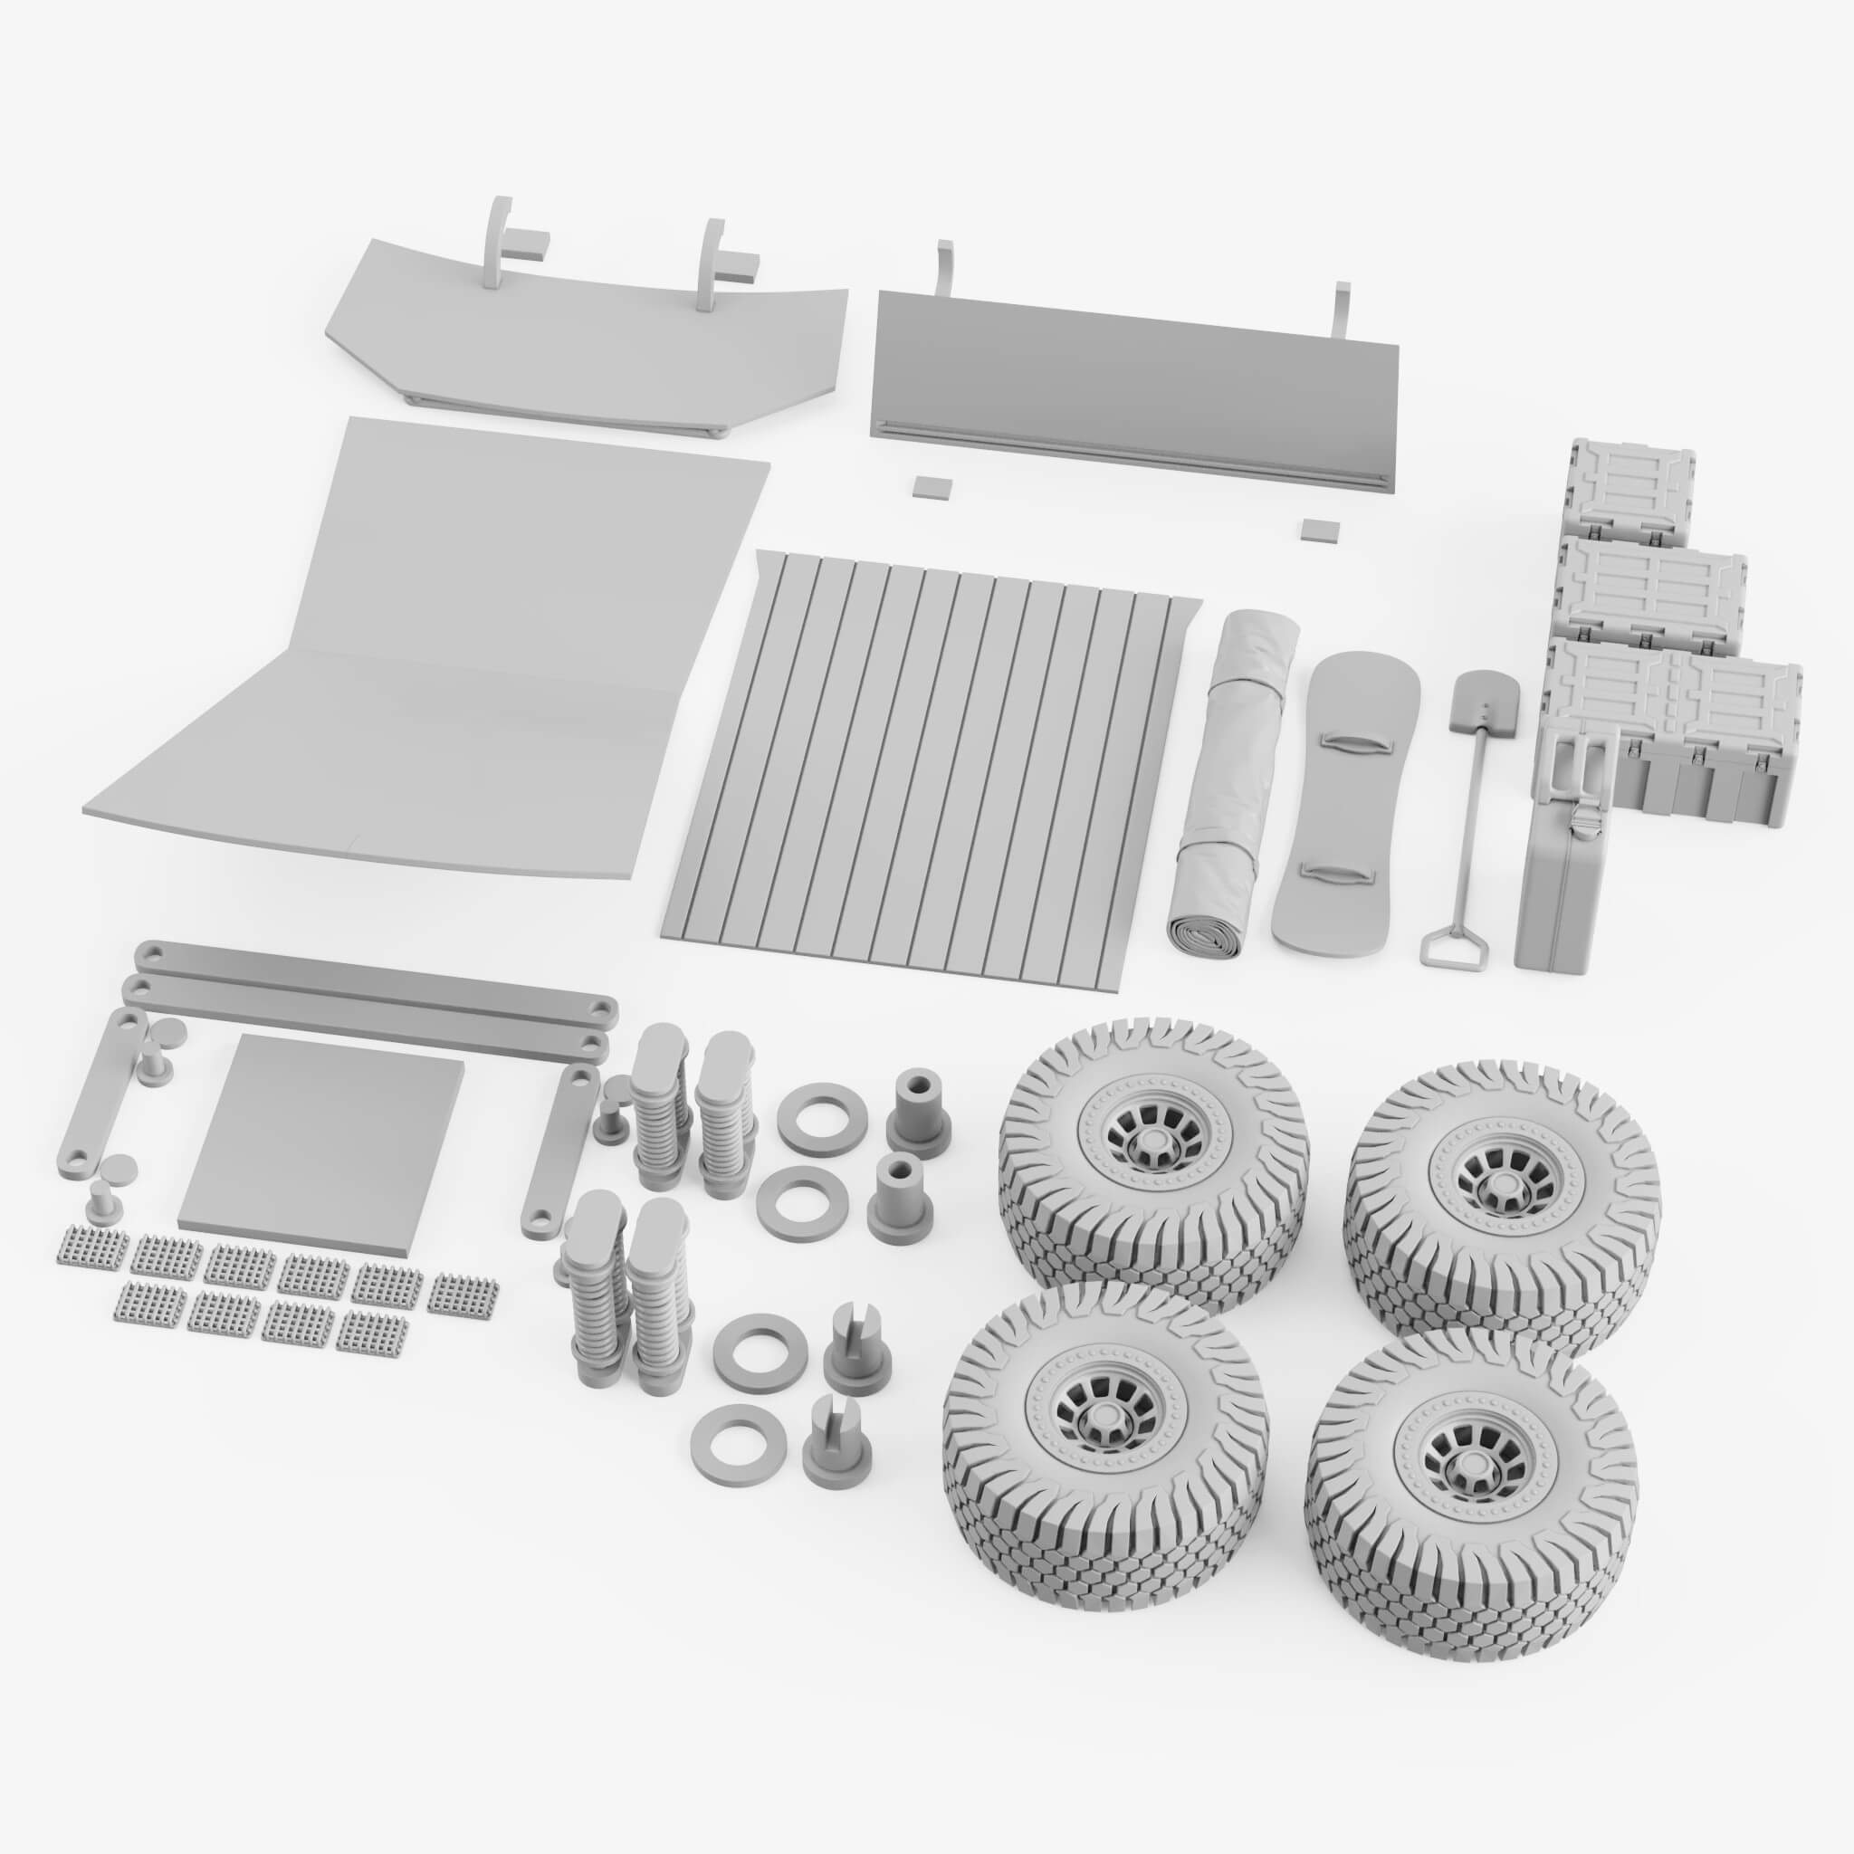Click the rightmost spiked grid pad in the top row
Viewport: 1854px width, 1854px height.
tap(464, 1295)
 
